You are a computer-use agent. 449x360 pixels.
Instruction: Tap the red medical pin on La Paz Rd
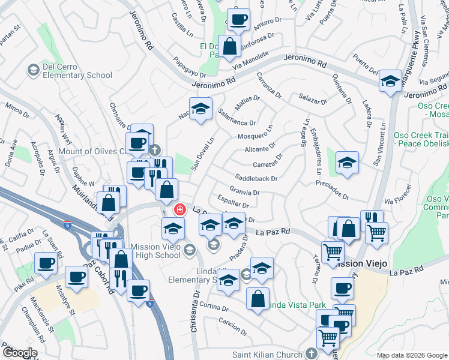click(x=179, y=209)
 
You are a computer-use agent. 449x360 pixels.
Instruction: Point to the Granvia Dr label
click(x=244, y=193)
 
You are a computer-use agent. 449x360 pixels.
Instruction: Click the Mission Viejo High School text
click(x=150, y=250)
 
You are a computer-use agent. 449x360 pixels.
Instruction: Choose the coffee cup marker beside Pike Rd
click(x=46, y=262)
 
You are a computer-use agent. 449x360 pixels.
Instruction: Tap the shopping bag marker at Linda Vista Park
click(x=258, y=299)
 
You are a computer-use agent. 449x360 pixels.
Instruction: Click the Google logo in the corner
click(x=20, y=352)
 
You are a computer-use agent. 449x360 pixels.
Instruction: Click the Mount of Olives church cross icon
click(x=155, y=150)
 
